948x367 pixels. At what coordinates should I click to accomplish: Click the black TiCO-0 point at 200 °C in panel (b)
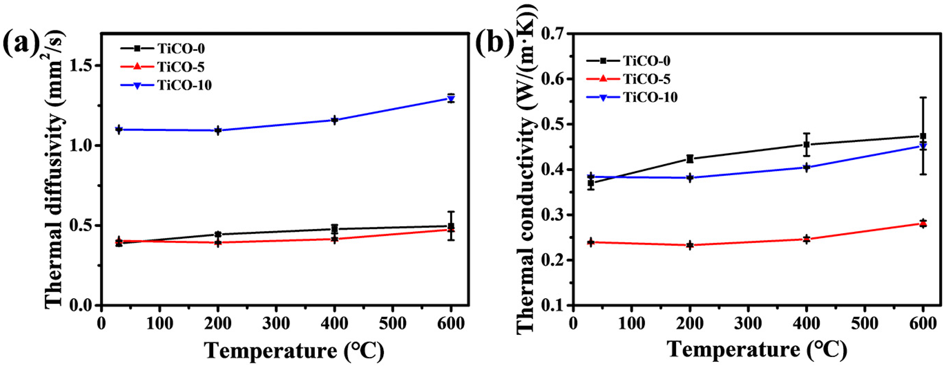(690, 159)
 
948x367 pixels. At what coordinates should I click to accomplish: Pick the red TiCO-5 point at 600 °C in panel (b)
(923, 223)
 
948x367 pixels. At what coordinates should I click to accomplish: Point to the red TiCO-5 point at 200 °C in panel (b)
(690, 245)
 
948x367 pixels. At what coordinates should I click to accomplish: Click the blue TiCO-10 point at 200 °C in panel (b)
(690, 177)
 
